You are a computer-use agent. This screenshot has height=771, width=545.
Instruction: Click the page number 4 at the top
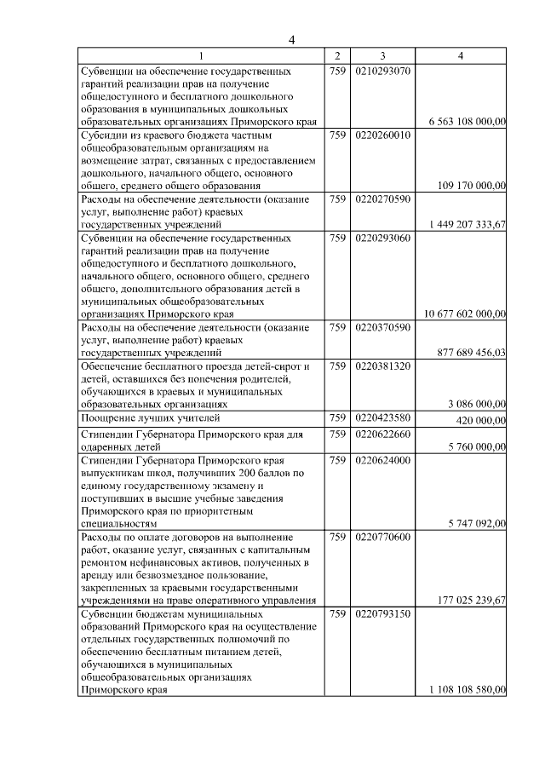pos(291,40)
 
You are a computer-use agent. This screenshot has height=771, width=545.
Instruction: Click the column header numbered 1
pos(201,56)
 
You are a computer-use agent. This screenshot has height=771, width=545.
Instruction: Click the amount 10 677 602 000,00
pos(462,314)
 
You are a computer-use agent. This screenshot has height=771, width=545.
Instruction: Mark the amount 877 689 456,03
pos(468,352)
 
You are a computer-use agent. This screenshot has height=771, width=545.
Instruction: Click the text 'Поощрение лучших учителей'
pos(151,418)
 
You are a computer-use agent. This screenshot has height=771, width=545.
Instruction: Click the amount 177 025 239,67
pos(468,601)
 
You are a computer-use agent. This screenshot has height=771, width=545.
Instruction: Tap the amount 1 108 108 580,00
pos(463,690)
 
